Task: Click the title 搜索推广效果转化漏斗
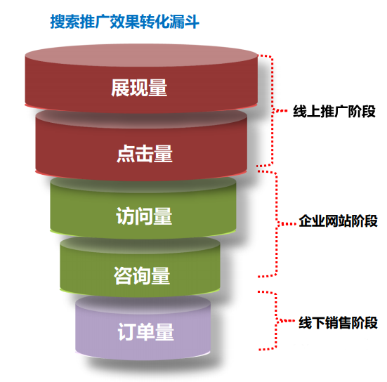pyautogui.click(x=124, y=22)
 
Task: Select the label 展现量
pyautogui.click(x=139, y=88)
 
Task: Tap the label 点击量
pyautogui.click(x=145, y=154)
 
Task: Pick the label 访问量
pyautogui.click(x=144, y=216)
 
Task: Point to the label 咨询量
pyautogui.click(x=142, y=276)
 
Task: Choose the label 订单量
pyautogui.click(x=146, y=332)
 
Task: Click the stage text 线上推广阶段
pyautogui.click(x=334, y=111)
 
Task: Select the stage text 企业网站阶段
pyautogui.click(x=338, y=220)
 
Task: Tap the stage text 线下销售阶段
pyautogui.click(x=338, y=322)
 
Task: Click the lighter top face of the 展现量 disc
pyautogui.click(x=141, y=55)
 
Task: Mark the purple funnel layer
pyautogui.click(x=143, y=328)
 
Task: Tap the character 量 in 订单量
pyautogui.click(x=164, y=332)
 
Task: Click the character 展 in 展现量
pyautogui.click(x=120, y=88)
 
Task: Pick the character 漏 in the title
pyautogui.click(x=176, y=22)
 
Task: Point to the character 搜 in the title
pyautogui.click(x=58, y=22)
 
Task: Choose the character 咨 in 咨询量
pyautogui.click(x=123, y=276)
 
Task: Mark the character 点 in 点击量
pyautogui.click(x=126, y=154)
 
